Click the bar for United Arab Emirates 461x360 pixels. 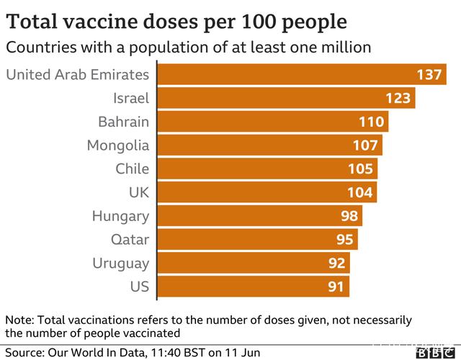(x=288, y=75)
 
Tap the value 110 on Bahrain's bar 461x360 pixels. (x=372, y=122)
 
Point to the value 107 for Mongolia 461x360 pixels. (x=366, y=145)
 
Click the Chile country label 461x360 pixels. (x=132, y=169)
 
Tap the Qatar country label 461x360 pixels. (x=130, y=239)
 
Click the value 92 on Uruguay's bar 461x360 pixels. (x=337, y=263)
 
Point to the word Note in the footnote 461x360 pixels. (x=19, y=320)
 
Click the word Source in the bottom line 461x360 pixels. (x=23, y=353)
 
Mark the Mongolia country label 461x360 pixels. (x=118, y=145)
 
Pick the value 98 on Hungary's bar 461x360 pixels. (x=350, y=216)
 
